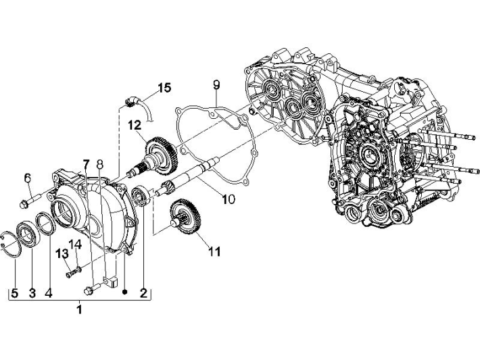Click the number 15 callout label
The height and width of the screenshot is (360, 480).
pyautogui.click(x=164, y=88)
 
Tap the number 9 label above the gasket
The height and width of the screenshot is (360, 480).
pyautogui.click(x=216, y=84)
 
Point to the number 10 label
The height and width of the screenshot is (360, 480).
pyautogui.click(x=228, y=199)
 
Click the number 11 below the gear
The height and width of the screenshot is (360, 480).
pyautogui.click(x=214, y=251)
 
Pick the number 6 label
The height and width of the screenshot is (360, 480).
pyautogui.click(x=28, y=178)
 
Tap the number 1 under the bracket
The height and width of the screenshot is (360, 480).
pyautogui.click(x=79, y=310)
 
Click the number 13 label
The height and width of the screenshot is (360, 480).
pyautogui.click(x=62, y=253)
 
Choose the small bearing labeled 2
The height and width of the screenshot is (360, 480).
pyautogui.click(x=141, y=196)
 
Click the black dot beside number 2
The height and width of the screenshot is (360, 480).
pyautogui.click(x=125, y=293)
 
